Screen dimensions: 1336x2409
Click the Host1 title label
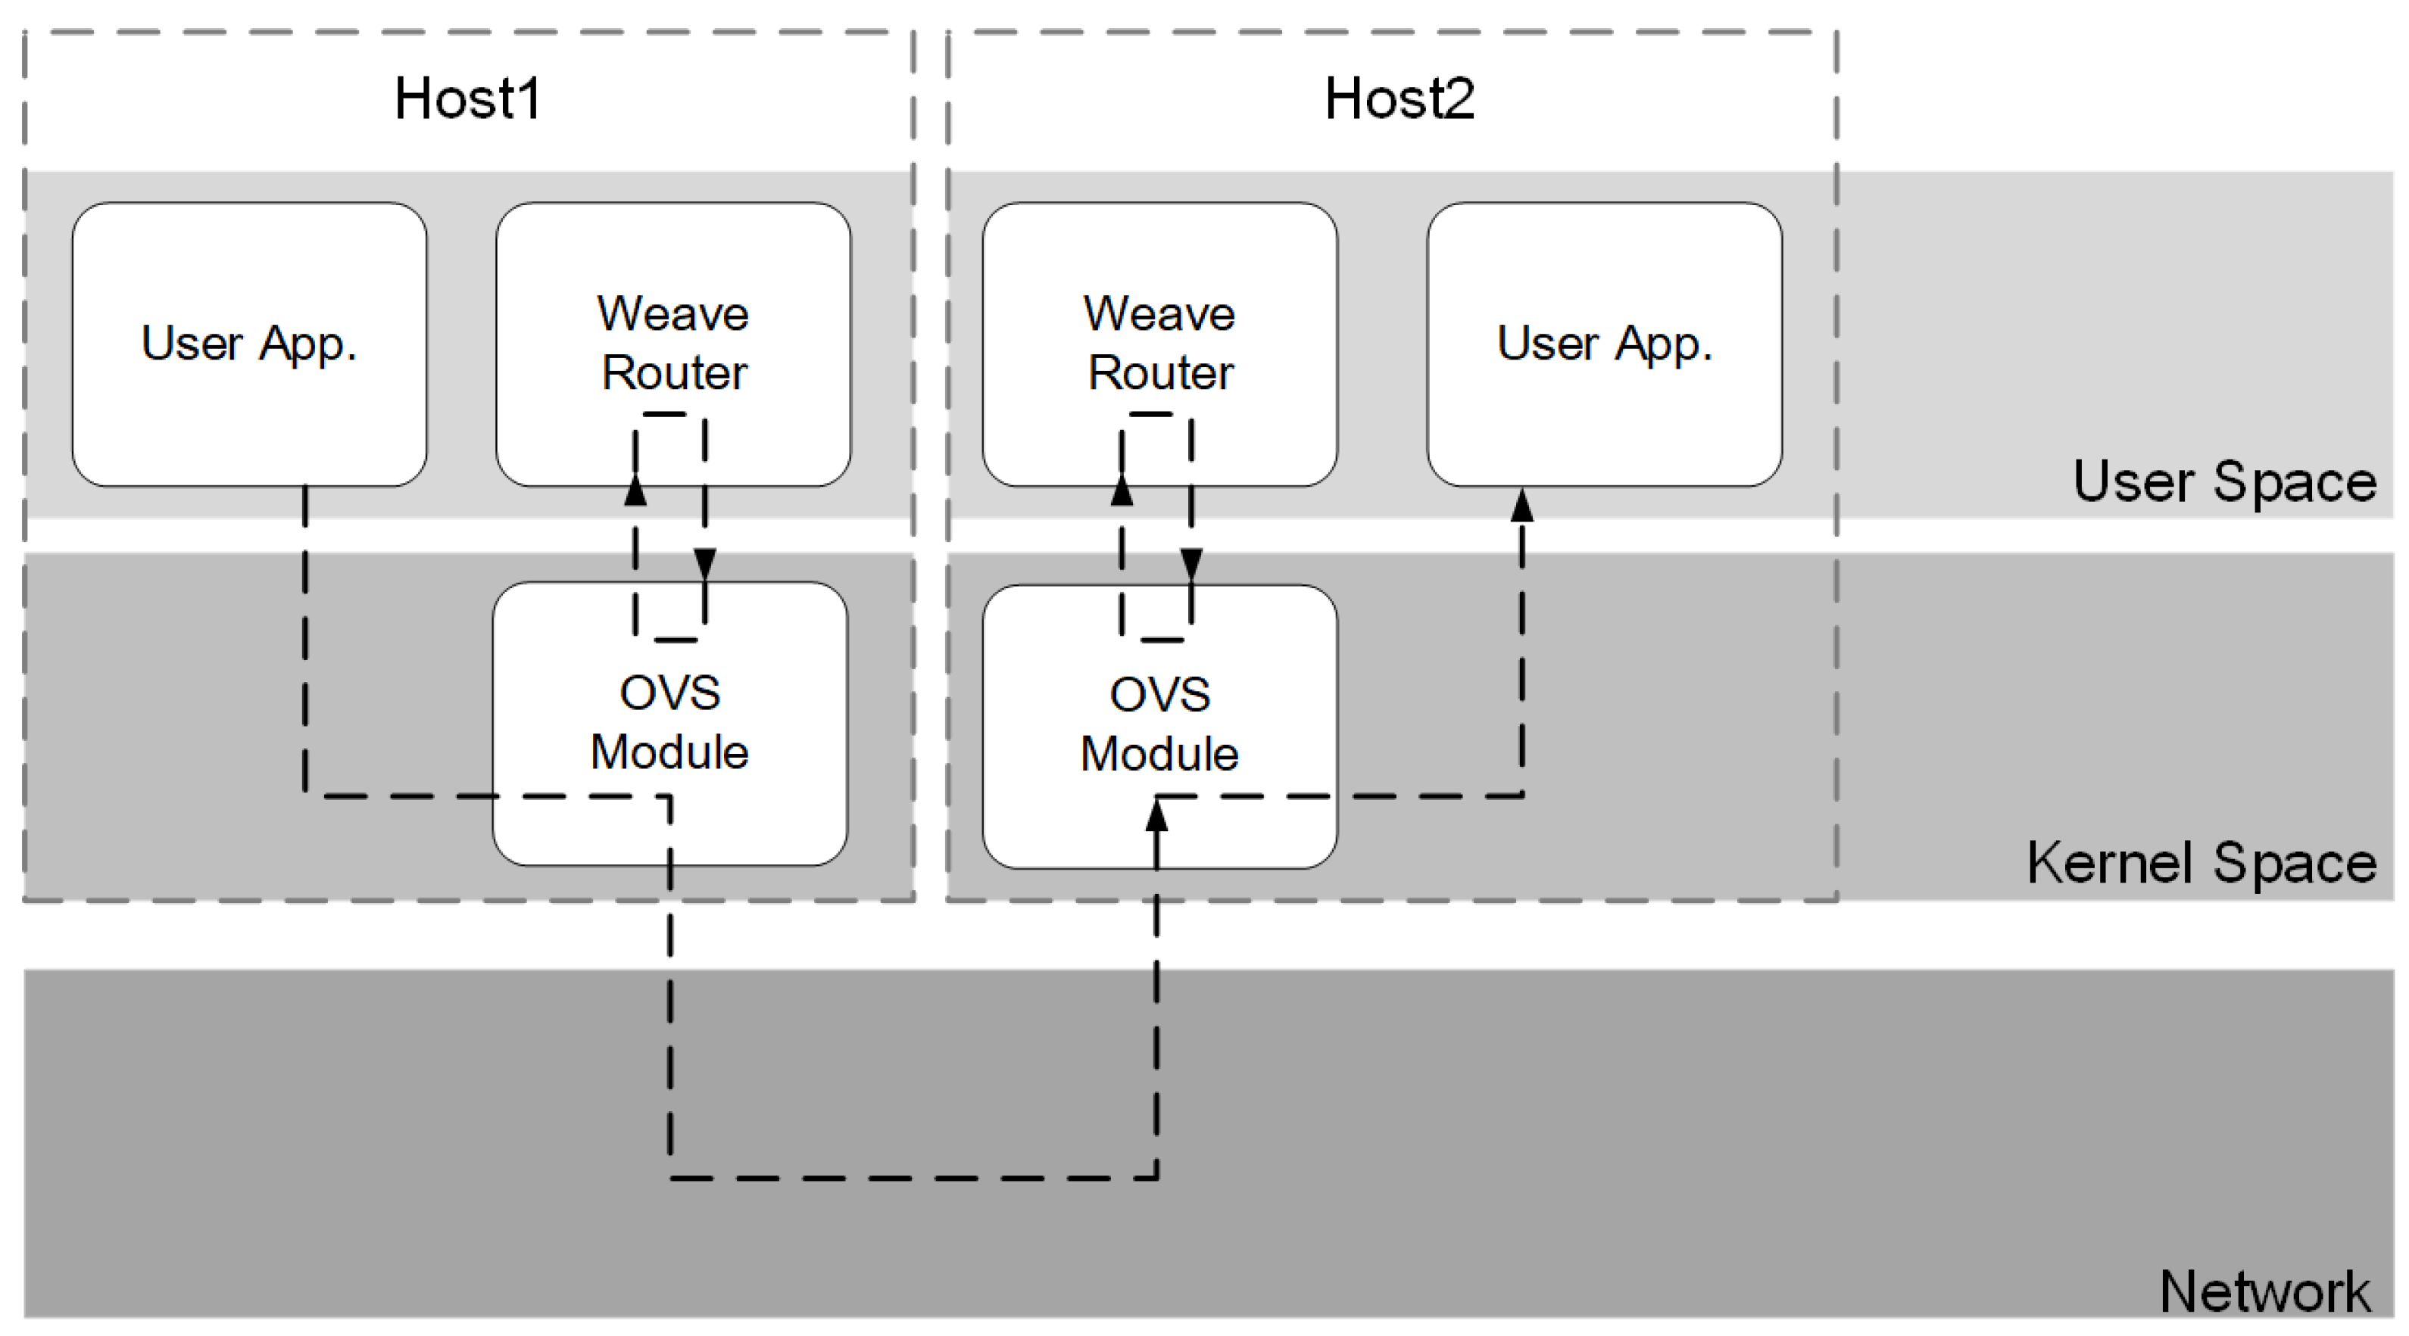coord(467,99)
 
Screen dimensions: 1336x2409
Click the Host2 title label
coord(1399,99)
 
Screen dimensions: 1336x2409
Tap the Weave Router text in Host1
coord(673,342)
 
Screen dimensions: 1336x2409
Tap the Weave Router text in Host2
coord(1159,342)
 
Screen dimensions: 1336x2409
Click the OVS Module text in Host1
coord(669,723)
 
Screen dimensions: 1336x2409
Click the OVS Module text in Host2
coord(1159,724)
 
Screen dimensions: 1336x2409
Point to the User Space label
coord(2223,482)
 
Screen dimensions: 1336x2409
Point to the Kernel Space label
coord(2201,862)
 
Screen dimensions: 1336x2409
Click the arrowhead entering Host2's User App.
coord(1521,505)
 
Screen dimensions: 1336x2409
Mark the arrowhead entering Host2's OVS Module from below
coord(1157,816)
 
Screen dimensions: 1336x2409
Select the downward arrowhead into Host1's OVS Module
coord(705,563)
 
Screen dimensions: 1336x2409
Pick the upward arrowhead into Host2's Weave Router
coord(1122,490)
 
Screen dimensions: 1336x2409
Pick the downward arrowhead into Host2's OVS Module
coord(1191,563)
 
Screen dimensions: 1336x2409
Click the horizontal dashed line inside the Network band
coord(913,1178)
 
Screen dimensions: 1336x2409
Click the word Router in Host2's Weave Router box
coord(1159,373)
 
